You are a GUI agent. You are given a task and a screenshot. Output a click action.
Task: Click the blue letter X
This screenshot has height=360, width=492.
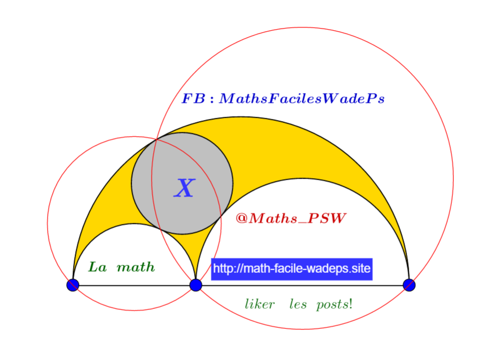pyautogui.click(x=184, y=188)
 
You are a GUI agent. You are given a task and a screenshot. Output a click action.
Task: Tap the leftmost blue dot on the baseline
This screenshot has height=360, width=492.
pyautogui.click(x=73, y=285)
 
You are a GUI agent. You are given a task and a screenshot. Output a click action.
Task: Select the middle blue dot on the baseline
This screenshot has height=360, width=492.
pyautogui.click(x=196, y=285)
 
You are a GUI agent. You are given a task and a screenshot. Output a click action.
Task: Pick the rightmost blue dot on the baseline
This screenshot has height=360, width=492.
pyautogui.click(x=409, y=285)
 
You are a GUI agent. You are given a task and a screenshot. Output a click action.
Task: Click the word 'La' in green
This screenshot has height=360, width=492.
pyautogui.click(x=97, y=267)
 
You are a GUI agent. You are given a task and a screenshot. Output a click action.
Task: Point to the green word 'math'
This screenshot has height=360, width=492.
pyautogui.click(x=136, y=267)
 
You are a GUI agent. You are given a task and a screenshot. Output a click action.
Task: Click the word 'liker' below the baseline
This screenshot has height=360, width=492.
pyautogui.click(x=260, y=304)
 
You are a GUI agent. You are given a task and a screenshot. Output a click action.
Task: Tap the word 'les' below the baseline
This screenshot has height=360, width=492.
pyautogui.click(x=298, y=304)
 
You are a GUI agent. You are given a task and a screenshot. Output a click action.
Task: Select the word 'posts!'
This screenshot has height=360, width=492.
pyautogui.click(x=334, y=305)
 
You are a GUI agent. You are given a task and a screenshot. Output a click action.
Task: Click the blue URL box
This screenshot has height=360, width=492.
pyautogui.click(x=292, y=269)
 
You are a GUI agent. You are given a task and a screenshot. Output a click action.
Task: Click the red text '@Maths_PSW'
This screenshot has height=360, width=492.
pyautogui.click(x=291, y=218)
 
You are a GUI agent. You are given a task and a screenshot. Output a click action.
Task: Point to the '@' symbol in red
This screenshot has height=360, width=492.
pyautogui.click(x=242, y=218)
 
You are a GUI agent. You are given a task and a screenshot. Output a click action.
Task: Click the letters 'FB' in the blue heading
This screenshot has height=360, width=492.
pyautogui.click(x=194, y=98)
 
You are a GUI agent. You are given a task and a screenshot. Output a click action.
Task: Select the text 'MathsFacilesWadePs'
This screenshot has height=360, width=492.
pyautogui.click(x=302, y=98)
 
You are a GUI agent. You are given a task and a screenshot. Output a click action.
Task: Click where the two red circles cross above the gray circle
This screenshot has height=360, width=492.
pyautogui.click(x=156, y=139)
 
